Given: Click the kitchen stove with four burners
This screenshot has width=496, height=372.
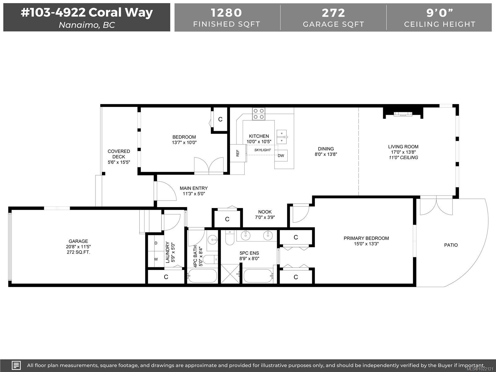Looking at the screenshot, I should (259, 113).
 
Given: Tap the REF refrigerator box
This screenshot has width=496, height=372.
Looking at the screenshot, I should (238, 153).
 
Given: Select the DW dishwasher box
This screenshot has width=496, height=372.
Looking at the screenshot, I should (281, 156).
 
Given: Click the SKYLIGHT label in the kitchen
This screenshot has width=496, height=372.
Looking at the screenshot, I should (263, 150).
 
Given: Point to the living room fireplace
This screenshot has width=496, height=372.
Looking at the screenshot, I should (403, 114).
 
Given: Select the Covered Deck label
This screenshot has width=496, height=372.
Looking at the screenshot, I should (119, 154).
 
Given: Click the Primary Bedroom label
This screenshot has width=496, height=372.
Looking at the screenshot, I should (366, 238).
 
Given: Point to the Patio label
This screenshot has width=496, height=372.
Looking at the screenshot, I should (451, 245).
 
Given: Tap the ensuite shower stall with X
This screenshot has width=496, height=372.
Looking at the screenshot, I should (231, 273).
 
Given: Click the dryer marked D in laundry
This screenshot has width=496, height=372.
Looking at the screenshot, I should (156, 243).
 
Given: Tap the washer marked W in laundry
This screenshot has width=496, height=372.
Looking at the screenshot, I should (156, 259).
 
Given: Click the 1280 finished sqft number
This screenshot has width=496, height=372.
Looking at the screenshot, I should (226, 13).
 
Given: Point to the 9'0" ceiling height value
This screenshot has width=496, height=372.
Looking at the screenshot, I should (440, 13).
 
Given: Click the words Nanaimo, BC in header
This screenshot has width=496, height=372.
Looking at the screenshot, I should (87, 25).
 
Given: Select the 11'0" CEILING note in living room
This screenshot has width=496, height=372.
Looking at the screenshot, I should (403, 157).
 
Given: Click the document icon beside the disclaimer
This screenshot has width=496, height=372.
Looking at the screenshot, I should (16, 365).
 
